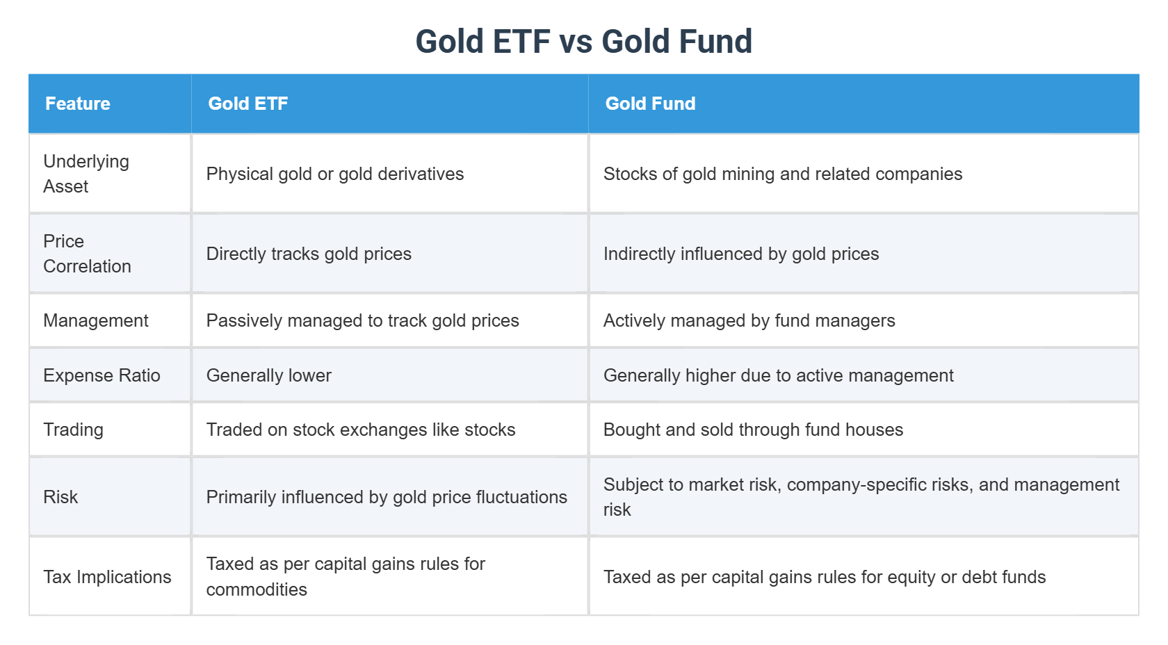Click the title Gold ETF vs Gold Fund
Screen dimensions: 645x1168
[x=583, y=42]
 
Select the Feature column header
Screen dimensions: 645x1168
[x=78, y=104]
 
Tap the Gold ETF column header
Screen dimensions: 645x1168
[x=248, y=104]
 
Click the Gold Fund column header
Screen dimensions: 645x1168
[x=650, y=104]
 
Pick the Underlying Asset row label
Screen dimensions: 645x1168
[x=86, y=174]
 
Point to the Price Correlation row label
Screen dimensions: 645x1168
[x=86, y=254]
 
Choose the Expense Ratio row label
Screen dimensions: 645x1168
[x=102, y=375]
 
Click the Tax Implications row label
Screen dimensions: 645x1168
[x=107, y=577]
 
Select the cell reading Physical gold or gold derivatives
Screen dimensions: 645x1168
[x=334, y=174]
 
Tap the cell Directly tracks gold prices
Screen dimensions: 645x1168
[x=309, y=254]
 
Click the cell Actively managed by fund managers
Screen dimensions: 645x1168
[x=749, y=320]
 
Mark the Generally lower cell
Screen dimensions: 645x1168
[x=268, y=375]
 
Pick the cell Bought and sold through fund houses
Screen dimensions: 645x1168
[x=753, y=430]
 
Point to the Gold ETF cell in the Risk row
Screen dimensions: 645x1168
[x=387, y=497]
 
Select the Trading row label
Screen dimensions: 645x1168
[x=73, y=430]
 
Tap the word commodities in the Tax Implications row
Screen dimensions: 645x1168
[x=257, y=589]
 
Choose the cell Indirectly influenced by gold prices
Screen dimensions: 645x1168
[x=740, y=254]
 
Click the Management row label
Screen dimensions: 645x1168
[x=96, y=320]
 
